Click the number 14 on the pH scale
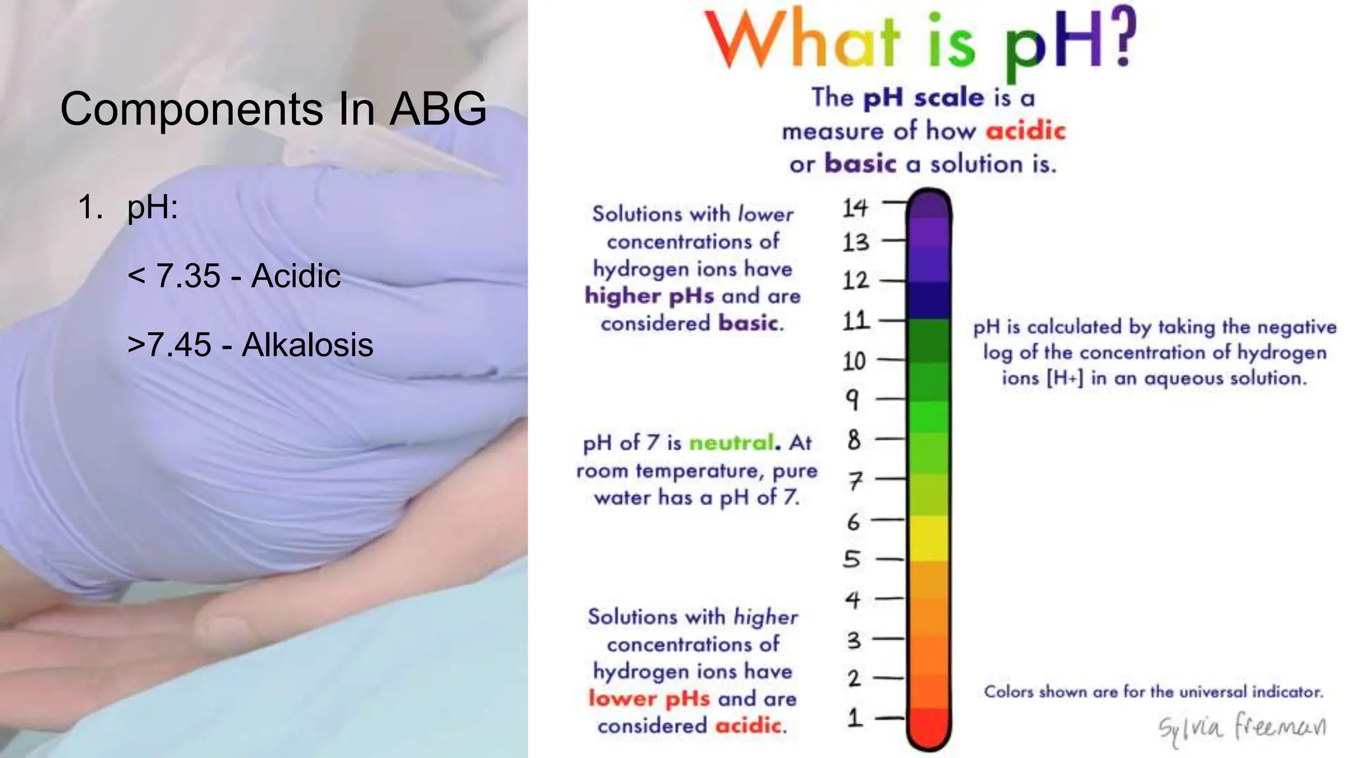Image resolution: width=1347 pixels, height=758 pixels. (855, 208)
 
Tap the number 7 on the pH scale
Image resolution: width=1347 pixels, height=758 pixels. (854, 481)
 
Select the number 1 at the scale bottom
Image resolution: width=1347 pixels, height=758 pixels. (854, 717)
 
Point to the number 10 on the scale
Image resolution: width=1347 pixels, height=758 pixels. (854, 361)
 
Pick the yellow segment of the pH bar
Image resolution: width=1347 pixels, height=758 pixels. (929, 538)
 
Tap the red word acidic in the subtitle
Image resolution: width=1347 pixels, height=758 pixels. (1025, 131)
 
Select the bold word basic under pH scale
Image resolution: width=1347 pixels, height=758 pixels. (860, 163)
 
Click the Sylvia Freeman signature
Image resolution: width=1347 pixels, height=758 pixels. (1242, 728)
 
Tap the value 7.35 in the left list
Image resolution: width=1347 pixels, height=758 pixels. (188, 276)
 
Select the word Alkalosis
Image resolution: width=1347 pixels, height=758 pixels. (307, 345)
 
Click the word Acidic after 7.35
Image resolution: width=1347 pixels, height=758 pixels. (296, 276)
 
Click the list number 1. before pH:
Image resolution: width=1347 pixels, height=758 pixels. (89, 207)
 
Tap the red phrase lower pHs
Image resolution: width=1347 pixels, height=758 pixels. (649, 698)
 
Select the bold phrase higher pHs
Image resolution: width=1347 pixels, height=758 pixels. (649, 296)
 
